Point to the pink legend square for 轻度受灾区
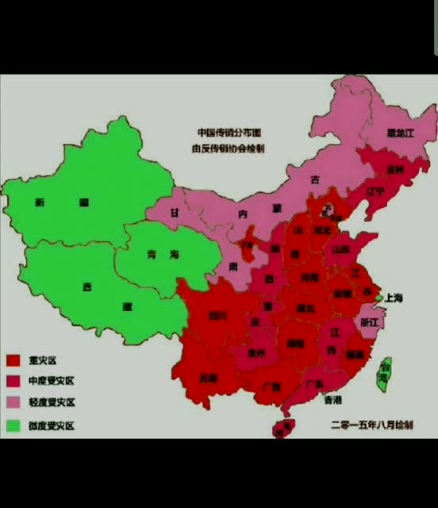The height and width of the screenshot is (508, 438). coord(13,402)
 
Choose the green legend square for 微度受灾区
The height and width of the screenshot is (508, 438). coord(13,425)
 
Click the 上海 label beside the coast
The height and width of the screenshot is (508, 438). coord(394,298)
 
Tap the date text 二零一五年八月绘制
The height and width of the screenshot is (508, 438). coord(371,425)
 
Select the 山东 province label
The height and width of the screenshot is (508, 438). coord(340,248)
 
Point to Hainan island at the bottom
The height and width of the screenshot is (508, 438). coord(283,429)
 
